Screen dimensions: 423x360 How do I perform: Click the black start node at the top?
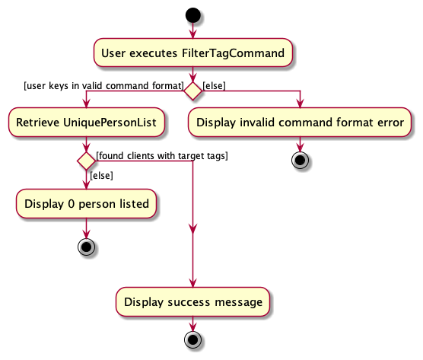193,15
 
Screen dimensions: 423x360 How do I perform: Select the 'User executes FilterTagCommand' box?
193,53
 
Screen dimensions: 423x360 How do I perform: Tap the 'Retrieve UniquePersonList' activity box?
86,123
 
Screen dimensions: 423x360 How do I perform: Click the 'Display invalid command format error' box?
300,123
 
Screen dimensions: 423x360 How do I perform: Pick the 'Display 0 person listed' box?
86,204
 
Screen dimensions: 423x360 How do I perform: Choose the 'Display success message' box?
193,301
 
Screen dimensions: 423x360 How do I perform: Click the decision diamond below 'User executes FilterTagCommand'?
193,91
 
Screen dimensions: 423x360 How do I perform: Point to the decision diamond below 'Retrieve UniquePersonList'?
86,161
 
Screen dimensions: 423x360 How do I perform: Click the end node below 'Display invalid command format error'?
300,161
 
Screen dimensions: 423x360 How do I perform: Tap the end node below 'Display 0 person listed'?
86,247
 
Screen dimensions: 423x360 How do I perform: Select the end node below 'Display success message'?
193,339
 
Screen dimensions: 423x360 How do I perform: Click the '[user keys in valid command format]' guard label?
104,86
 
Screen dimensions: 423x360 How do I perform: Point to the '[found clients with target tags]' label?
162,156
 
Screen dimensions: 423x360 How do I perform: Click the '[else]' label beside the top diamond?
214,86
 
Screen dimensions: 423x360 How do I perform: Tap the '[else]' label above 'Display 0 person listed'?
101,176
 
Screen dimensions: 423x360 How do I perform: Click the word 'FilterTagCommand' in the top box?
233,53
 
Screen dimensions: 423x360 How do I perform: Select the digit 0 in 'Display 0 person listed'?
72,204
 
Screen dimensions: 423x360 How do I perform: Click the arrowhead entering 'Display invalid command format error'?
300,104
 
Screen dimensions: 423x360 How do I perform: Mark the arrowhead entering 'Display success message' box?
193,283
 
